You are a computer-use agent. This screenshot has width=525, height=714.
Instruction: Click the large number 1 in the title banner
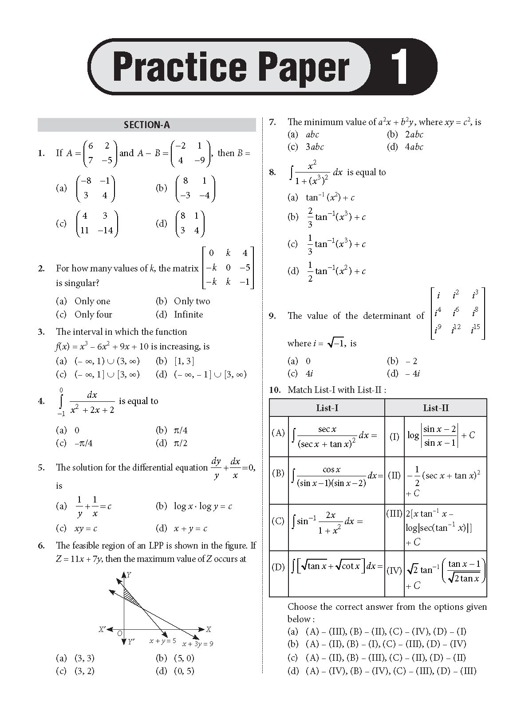[402, 67]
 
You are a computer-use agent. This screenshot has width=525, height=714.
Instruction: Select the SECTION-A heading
[147, 125]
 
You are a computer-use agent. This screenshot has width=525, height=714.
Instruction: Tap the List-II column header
[436, 408]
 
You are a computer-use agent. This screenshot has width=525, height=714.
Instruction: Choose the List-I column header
[327, 408]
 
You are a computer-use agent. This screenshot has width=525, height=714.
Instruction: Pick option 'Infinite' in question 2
[188, 314]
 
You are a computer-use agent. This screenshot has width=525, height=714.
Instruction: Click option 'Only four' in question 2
[93, 314]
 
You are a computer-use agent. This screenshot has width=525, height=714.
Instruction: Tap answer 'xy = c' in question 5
[86, 528]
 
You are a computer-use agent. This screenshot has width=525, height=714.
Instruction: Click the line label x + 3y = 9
[198, 643]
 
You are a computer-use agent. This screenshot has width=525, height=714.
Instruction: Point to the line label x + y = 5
[162, 641]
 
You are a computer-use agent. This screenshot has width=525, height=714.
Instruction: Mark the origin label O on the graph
[119, 634]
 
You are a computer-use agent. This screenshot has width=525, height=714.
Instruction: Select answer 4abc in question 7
[414, 147]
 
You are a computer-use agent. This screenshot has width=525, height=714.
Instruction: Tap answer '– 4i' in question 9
[412, 373]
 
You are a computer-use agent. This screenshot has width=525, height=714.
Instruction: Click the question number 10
[275, 390]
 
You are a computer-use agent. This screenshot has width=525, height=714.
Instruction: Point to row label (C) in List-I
[278, 521]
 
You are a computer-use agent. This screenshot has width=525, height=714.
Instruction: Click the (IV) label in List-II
[395, 571]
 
